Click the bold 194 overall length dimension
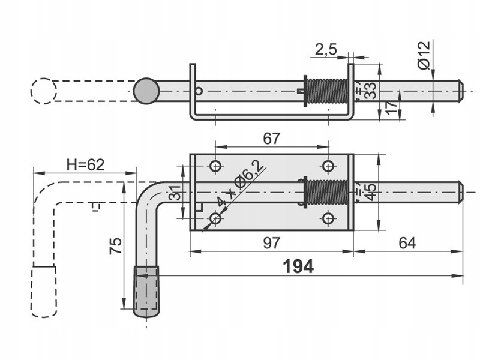point(298,266)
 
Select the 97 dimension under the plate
point(272,243)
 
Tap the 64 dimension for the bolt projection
point(407,243)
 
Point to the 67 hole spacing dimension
point(272,139)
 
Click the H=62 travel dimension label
point(85,164)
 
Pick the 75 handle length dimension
point(116,246)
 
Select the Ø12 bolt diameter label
point(424,55)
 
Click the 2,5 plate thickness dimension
point(326,50)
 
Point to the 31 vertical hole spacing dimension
point(175,192)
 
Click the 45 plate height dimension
point(370,192)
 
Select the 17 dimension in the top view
point(392,107)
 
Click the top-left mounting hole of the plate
point(215,166)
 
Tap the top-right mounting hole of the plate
point(328,166)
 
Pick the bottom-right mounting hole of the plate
point(328,218)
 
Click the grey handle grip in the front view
point(146,292)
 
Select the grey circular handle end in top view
point(146,91)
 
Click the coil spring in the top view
point(327,91)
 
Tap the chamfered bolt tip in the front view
point(461,192)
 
